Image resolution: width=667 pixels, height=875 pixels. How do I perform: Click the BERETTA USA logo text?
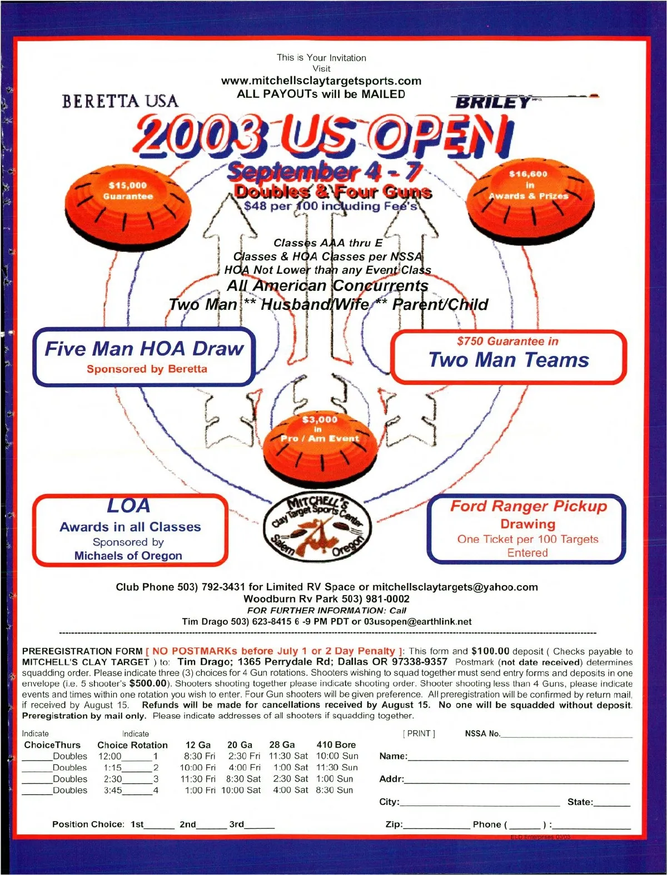pos(120,101)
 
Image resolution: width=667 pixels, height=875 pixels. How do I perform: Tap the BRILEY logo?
pos(492,102)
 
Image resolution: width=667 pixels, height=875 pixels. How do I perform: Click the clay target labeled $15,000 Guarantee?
pos(128,198)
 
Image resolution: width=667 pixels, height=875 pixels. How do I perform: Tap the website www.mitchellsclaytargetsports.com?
pos(321,81)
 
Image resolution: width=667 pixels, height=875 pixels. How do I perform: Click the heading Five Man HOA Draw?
pos(144,349)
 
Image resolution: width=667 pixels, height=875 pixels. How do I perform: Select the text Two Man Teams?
pos(509,360)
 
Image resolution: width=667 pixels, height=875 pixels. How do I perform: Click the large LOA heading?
pos(129,506)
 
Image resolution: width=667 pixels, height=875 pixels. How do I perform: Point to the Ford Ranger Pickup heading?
pos(528,506)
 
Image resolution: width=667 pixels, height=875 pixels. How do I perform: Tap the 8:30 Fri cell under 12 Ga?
pos(200,756)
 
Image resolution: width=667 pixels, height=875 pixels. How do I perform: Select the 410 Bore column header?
pos(336,745)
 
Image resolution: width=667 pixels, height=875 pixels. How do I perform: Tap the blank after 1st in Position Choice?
pos(159,825)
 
